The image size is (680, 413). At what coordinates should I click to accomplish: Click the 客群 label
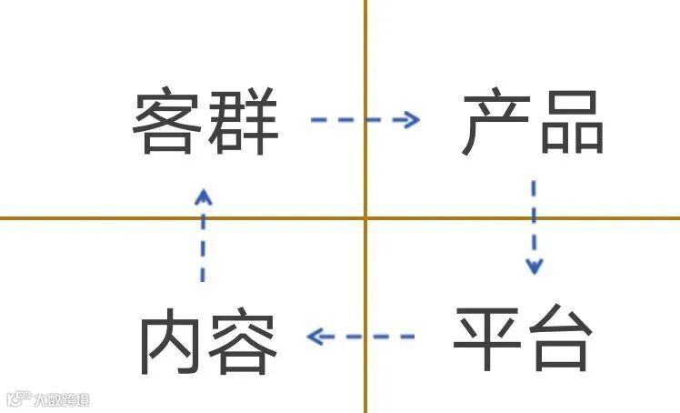(205, 122)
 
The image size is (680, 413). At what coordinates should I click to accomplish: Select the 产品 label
(532, 122)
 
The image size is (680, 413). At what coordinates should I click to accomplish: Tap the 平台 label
(523, 338)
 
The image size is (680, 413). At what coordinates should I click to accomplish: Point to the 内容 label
(207, 345)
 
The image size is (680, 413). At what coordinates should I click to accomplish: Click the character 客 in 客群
(168, 122)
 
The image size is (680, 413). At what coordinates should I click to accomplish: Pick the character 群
(243, 122)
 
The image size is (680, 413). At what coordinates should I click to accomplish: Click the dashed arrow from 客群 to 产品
(365, 119)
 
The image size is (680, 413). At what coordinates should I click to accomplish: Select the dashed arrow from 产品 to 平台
(534, 227)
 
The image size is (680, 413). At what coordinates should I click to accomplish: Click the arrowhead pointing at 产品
(412, 119)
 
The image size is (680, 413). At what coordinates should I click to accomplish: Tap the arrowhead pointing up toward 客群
(203, 194)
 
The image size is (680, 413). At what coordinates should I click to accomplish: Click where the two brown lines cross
(365, 218)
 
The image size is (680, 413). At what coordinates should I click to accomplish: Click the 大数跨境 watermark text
(62, 399)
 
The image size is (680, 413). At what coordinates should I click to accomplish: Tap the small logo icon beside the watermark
(18, 398)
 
